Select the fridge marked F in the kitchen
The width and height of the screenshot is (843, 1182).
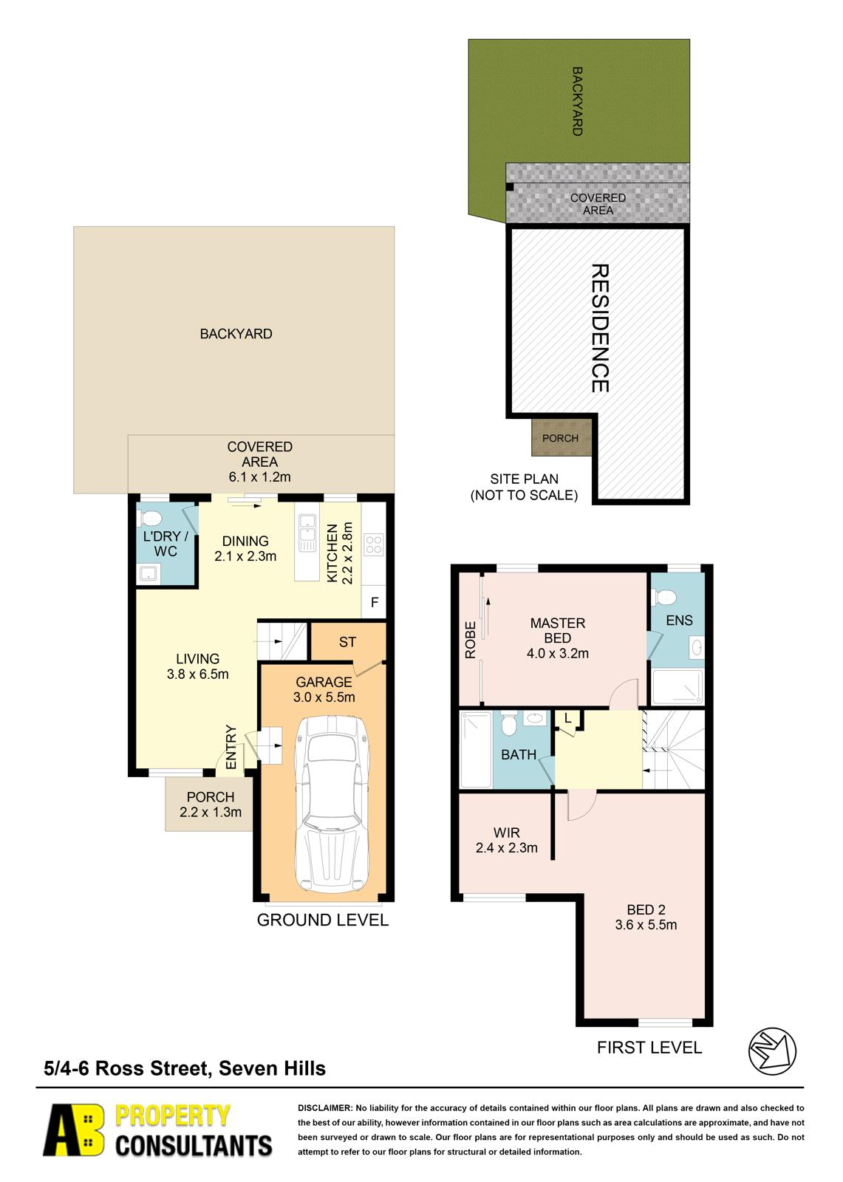pyautogui.click(x=374, y=602)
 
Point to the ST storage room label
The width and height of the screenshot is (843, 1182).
pyautogui.click(x=347, y=642)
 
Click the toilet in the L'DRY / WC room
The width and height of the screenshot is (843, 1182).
pyautogui.click(x=149, y=518)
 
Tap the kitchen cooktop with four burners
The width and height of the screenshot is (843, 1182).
pyautogui.click(x=374, y=544)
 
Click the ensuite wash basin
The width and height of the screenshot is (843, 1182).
pyautogui.click(x=697, y=647)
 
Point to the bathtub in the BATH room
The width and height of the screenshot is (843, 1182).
pyautogui.click(x=476, y=750)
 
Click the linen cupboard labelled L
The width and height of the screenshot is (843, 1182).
pyautogui.click(x=568, y=721)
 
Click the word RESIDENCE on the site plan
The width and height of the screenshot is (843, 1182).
pyautogui.click(x=600, y=328)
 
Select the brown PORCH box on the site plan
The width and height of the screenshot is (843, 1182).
pyautogui.click(x=561, y=437)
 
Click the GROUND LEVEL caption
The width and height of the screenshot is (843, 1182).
pyautogui.click(x=323, y=920)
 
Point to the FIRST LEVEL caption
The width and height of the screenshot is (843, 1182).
pyautogui.click(x=649, y=1048)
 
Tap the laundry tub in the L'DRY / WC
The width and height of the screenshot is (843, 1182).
pyautogui.click(x=149, y=573)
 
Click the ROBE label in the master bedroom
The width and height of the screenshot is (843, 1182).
pyautogui.click(x=471, y=640)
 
